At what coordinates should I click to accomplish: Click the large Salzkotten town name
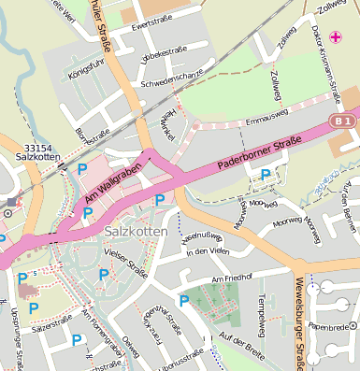[137, 231]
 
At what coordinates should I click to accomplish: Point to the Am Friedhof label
[233, 278]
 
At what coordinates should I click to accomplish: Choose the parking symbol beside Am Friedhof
[184, 301]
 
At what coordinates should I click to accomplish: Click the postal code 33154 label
[38, 148]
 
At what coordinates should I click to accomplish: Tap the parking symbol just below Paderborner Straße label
[266, 174]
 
